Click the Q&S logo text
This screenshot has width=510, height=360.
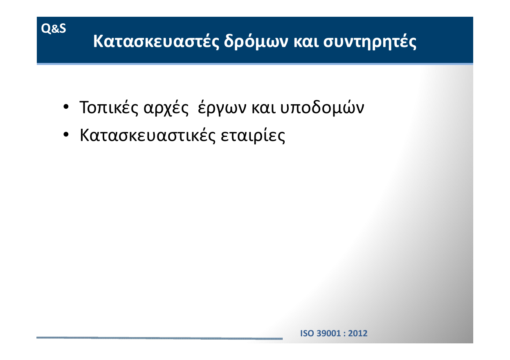coord(54,29)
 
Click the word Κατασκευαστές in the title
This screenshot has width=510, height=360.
coord(156,41)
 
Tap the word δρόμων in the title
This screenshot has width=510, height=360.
coord(256,41)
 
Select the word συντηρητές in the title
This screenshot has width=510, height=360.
coord(370,42)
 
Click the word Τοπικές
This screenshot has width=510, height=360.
coord(109,107)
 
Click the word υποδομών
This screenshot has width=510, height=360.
coord(322,107)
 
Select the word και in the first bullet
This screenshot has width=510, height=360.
coord(263,108)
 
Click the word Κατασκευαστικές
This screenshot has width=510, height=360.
coord(148,136)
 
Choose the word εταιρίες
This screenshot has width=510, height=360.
coord(253,136)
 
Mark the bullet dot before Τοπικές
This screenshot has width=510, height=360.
coord(66,107)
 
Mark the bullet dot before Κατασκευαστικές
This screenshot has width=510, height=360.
coord(66,134)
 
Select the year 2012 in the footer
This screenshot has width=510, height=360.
coord(358,333)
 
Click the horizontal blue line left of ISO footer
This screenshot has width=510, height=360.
coord(160,338)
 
